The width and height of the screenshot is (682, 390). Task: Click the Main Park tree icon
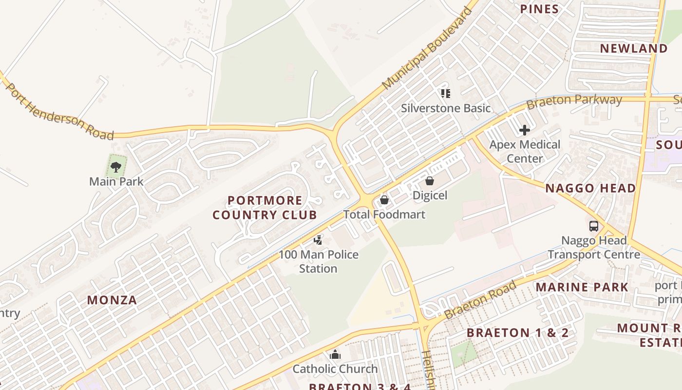click(x=116, y=167)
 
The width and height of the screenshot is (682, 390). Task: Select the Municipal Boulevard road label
click(x=427, y=49)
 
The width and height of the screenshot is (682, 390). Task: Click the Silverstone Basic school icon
click(x=445, y=93)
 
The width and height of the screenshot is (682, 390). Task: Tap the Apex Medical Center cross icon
click(x=525, y=130)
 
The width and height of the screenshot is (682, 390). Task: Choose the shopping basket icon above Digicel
click(x=430, y=181)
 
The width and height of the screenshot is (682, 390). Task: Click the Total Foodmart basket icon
click(x=384, y=200)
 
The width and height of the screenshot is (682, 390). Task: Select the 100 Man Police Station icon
click(x=318, y=240)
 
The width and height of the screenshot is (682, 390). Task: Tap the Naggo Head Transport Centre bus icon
click(x=593, y=226)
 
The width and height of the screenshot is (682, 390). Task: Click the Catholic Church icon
click(x=335, y=354)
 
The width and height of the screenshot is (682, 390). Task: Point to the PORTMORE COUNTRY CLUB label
click(x=265, y=208)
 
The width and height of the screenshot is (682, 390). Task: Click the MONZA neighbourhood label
click(x=112, y=300)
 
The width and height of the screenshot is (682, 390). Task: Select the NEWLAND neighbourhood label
click(x=634, y=48)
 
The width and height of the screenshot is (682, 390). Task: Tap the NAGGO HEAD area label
click(x=590, y=188)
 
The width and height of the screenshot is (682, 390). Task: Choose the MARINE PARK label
click(x=582, y=287)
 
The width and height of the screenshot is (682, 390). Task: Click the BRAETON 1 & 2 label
click(x=518, y=333)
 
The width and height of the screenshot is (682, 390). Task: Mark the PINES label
click(x=539, y=9)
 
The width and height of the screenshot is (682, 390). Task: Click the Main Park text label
click(x=116, y=182)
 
